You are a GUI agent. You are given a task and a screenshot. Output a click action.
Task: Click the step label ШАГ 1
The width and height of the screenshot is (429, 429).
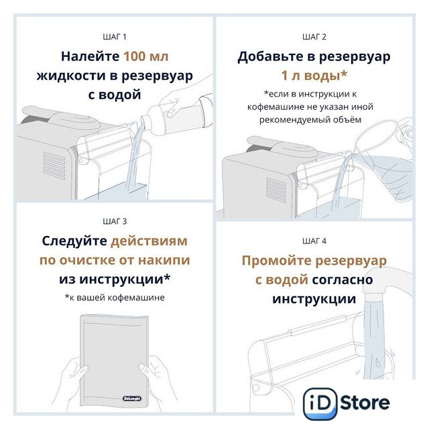pyautogui.click(x=115, y=37)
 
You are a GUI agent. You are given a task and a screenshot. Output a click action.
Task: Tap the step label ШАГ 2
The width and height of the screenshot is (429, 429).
pyautogui.click(x=314, y=37)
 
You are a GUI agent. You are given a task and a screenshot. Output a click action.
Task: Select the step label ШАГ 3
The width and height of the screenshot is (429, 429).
pyautogui.click(x=115, y=221)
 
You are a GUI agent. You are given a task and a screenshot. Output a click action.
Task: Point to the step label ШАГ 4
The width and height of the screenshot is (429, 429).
pyautogui.click(x=314, y=241)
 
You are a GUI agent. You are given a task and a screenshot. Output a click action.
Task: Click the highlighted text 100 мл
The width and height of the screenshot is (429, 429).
pyautogui.click(x=146, y=56)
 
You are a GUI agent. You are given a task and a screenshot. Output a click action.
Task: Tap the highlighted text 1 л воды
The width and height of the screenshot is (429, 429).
pyautogui.click(x=314, y=76)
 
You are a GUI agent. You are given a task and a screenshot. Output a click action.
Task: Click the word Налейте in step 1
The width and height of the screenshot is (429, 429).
pyautogui.click(x=90, y=56)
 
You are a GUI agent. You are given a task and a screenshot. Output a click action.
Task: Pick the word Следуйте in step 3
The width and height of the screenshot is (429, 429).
pyautogui.click(x=74, y=241)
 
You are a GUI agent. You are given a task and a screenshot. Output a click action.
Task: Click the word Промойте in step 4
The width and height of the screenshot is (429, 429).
pyautogui.click(x=276, y=261)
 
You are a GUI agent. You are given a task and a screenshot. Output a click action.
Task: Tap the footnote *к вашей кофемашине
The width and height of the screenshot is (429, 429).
pyautogui.click(x=115, y=298)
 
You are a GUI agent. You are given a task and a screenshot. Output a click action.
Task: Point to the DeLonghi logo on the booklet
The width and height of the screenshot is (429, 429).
pyautogui.click(x=132, y=398)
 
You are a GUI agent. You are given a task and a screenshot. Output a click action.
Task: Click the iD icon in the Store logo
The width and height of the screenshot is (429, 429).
pyautogui.click(x=320, y=404)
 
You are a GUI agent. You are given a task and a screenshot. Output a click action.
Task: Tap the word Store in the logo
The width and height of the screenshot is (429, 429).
pyautogui.click(x=365, y=403)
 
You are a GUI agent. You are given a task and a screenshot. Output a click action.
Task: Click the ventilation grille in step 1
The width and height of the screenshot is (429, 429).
pyautogui.click(x=54, y=166)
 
